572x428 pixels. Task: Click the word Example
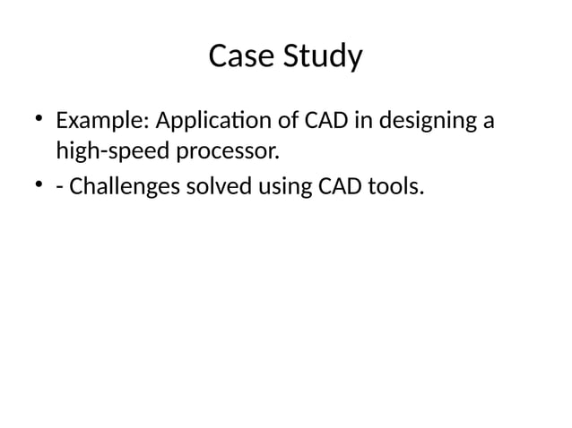tap(91, 120)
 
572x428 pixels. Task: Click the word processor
tap(228, 153)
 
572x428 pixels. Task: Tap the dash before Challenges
tap(59, 188)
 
